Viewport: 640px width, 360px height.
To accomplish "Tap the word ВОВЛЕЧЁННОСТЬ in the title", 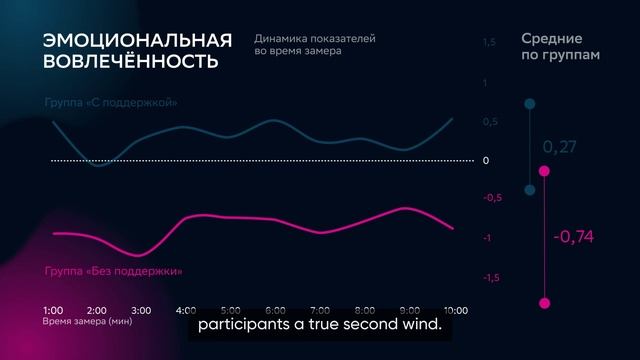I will click(x=130, y=61).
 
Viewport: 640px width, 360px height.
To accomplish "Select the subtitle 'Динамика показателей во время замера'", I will click(x=315, y=45).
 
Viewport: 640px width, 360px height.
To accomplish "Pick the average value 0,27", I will click(x=559, y=147).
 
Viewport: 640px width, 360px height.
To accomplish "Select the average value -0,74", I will click(x=573, y=237).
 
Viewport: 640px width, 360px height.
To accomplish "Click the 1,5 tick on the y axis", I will click(x=489, y=43).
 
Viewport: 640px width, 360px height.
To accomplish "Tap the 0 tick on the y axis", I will click(x=485, y=160).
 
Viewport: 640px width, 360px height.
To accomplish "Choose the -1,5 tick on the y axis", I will click(x=491, y=277).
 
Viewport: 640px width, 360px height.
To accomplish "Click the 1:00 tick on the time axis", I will click(x=54, y=310).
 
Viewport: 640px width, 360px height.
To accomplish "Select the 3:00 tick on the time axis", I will click(x=141, y=310).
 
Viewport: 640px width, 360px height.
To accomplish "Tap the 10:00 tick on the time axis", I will click(x=455, y=310).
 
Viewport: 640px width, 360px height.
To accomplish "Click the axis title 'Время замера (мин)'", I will click(x=87, y=322).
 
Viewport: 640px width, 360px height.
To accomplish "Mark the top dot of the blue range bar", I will click(x=530, y=104).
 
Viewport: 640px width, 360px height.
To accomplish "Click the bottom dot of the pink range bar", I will click(x=545, y=303).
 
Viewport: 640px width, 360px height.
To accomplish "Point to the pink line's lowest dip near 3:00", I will click(x=135, y=254).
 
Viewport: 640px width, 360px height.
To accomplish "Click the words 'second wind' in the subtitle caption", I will click(x=395, y=326).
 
